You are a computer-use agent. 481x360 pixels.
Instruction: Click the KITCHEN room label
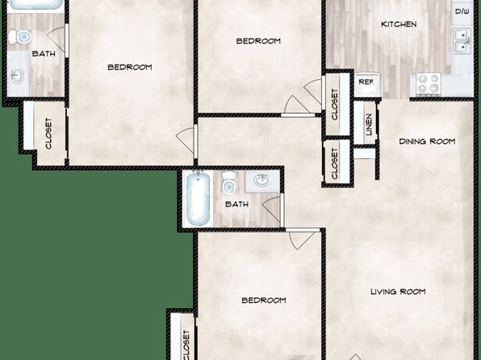pyautogui.click(x=399, y=24)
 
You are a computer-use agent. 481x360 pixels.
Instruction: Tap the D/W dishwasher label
pyautogui.click(x=462, y=12)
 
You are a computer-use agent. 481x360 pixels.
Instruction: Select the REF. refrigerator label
pyautogui.click(x=367, y=82)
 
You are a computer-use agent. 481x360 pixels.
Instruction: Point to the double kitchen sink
pyautogui.click(x=462, y=41)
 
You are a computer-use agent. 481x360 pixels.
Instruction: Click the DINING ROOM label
pyautogui.click(x=427, y=141)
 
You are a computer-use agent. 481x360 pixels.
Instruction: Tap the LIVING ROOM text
pyautogui.click(x=398, y=291)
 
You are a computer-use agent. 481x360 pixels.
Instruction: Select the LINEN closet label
pyautogui.click(x=369, y=125)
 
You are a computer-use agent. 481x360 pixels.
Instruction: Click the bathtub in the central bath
pyautogui.click(x=198, y=198)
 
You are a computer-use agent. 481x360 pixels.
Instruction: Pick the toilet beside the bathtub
pyautogui.click(x=229, y=183)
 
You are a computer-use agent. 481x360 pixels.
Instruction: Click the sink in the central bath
pyautogui.click(x=262, y=181)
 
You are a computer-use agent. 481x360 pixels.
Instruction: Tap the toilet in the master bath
pyautogui.click(x=19, y=37)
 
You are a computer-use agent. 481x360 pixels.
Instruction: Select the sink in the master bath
pyautogui.click(x=17, y=74)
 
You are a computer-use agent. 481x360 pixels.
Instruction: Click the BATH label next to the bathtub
pyautogui.click(x=236, y=204)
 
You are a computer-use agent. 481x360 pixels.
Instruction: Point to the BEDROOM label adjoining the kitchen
pyautogui.click(x=258, y=41)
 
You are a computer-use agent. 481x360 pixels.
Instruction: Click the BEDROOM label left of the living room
pyautogui.click(x=264, y=300)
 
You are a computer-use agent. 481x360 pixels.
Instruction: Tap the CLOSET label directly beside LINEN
pyautogui.click(x=334, y=105)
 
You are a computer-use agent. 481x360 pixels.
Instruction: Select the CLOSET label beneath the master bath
pyautogui.click(x=48, y=134)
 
